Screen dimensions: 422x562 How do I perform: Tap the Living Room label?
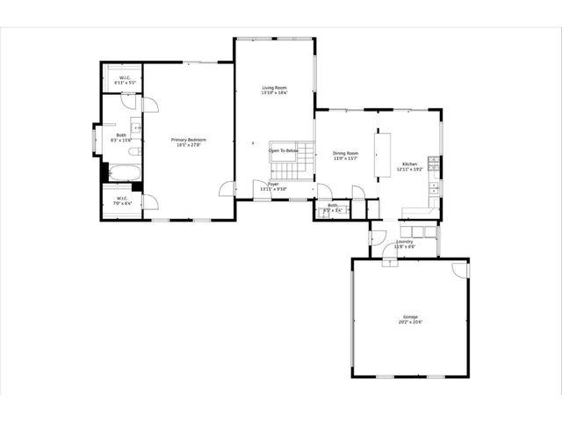pyautogui.click(x=275, y=88)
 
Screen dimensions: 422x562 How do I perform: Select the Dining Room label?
pyautogui.click(x=345, y=153)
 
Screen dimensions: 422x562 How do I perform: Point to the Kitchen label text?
pyautogui.click(x=410, y=164)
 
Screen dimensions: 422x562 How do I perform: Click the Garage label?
pyautogui.click(x=410, y=316)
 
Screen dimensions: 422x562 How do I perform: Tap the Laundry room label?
pyautogui.click(x=405, y=241)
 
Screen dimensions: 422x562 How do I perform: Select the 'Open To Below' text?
pyautogui.click(x=284, y=150)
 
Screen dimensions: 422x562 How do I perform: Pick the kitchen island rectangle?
pyautogui.click(x=385, y=155)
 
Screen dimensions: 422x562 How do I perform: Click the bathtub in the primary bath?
pyautogui.click(x=122, y=172)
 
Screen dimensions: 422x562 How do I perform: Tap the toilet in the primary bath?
pyautogui.click(x=137, y=128)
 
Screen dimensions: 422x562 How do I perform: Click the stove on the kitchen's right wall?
pyautogui.click(x=434, y=188)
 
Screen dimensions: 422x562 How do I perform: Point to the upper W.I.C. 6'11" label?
pyautogui.click(x=125, y=78)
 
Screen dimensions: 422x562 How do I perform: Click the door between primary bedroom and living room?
pyautogui.click(x=228, y=189)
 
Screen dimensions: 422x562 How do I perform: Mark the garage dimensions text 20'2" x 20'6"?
pyautogui.click(x=410, y=322)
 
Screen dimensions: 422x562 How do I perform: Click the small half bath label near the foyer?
pyautogui.click(x=333, y=206)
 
